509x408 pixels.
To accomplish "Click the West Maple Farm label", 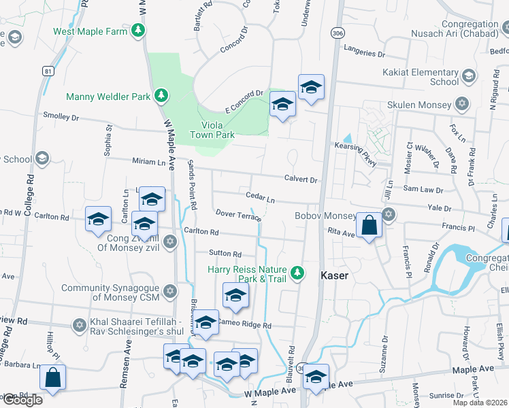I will point(91,31).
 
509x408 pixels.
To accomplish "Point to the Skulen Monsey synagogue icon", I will point(463,104).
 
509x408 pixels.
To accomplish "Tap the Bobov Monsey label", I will point(325,216).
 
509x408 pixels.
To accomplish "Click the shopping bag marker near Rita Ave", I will point(368,226).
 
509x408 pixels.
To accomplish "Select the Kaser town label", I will point(334,275).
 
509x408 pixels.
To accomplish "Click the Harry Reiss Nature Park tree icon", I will point(297,273).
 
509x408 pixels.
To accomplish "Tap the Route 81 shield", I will point(47,71).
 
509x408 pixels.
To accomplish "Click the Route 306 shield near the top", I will point(335,32).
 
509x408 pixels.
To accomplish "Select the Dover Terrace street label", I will point(239,214).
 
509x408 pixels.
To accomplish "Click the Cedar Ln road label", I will point(260,198).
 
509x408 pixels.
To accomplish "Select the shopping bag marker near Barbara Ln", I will point(53,378).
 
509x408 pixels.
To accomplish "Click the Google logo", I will point(22,400).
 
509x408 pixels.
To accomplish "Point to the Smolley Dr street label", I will point(61,117).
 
